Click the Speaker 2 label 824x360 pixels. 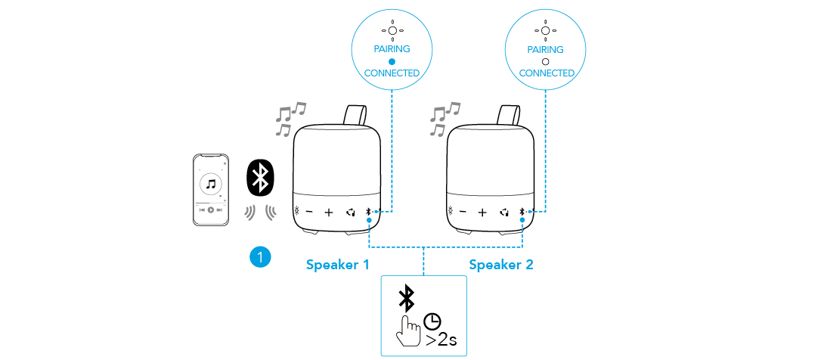pyautogui.click(x=501, y=265)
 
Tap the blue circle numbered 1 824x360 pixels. pyautogui.click(x=259, y=257)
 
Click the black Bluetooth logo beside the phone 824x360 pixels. pyautogui.click(x=260, y=178)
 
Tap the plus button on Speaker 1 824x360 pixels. pyautogui.click(x=329, y=213)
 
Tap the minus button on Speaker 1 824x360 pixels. pyautogui.click(x=310, y=213)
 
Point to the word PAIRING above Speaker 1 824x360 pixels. pyautogui.click(x=392, y=48)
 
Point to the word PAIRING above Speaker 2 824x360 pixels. pyautogui.click(x=546, y=48)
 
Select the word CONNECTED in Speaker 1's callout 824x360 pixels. pyautogui.click(x=392, y=73)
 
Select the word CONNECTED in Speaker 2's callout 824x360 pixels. pyautogui.click(x=546, y=73)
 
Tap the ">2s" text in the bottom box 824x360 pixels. pyautogui.click(x=441, y=340)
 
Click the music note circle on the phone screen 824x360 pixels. pyautogui.click(x=211, y=184)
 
